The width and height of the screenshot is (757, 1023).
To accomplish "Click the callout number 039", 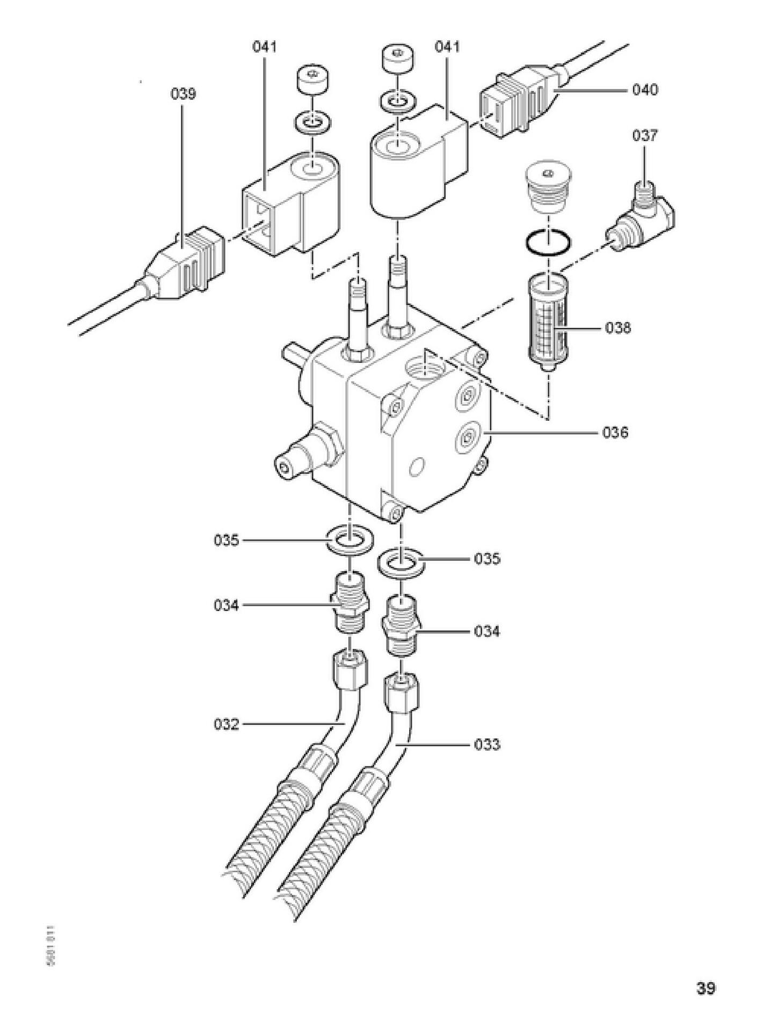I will point(184,94).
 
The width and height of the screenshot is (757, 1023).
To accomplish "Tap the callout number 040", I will point(644,90).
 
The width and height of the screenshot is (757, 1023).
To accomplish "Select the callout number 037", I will point(644,136).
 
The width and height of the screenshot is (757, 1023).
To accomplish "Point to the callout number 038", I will point(618,327).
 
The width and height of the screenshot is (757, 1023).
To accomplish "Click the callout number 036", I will point(615,432).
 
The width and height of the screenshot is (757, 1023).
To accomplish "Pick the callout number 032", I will point(226,724).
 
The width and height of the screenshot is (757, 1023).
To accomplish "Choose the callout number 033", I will point(487,744).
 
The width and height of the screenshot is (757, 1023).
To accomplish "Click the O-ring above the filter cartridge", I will point(548,243).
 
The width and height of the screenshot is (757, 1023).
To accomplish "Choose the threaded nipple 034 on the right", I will point(401,625).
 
